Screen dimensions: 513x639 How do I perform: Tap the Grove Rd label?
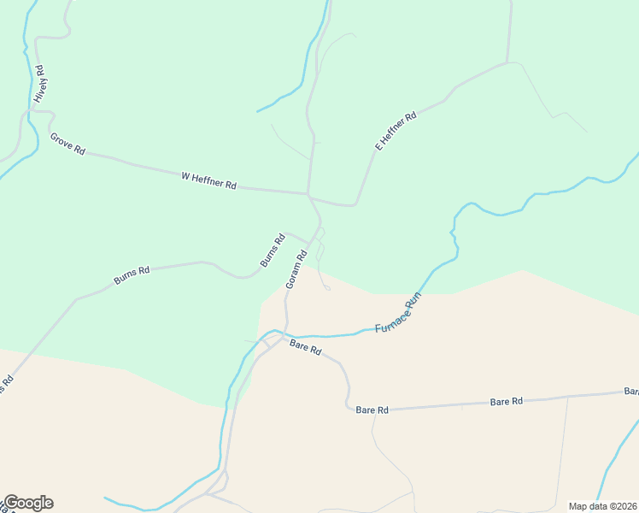coord(67,144)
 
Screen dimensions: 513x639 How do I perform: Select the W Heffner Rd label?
coord(208,180)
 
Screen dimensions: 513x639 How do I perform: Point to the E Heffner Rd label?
coord(396,131)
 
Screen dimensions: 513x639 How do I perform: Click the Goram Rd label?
coord(296,268)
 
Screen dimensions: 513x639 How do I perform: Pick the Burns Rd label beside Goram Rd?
coord(272,251)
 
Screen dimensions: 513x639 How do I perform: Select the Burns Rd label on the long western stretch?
coord(132,275)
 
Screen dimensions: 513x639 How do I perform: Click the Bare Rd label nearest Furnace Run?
coord(304,347)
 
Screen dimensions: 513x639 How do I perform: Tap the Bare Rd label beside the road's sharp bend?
coord(372,410)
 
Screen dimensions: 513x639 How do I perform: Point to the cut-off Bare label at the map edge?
coord(630,392)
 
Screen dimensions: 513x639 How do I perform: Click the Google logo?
coord(27,503)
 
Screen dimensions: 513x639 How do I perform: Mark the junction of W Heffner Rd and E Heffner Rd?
coord(308,193)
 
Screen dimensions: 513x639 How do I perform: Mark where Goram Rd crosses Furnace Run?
coord(284,332)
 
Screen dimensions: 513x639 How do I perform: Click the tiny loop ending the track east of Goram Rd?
coord(328,288)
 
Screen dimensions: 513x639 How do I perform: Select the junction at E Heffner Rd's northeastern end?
coord(508,62)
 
